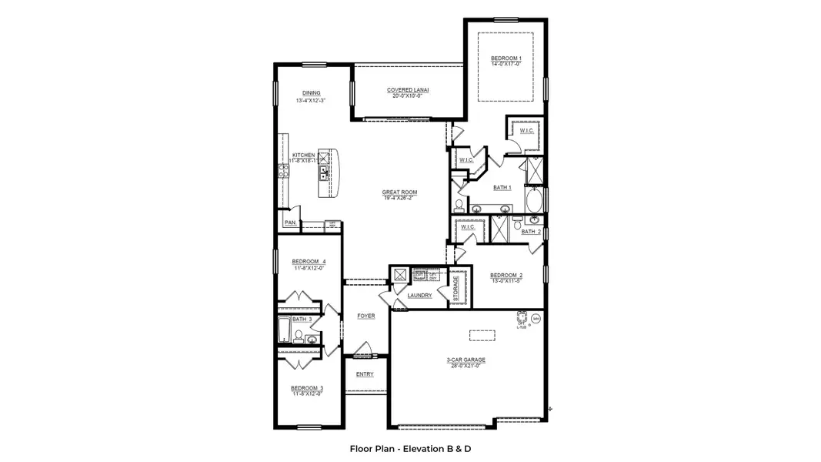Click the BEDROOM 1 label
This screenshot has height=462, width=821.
[x=506, y=59]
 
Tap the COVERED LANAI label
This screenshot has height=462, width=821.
[x=408, y=90]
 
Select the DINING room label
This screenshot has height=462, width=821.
[x=311, y=93]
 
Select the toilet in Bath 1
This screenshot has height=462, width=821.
[x=459, y=206]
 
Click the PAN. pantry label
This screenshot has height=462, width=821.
[x=290, y=223]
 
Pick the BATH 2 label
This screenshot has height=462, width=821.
[x=531, y=232]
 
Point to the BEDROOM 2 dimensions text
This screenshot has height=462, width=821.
[x=506, y=281]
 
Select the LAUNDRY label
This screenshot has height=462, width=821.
[x=419, y=295]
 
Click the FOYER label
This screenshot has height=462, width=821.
[x=365, y=316]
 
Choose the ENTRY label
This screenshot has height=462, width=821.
[x=365, y=374]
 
